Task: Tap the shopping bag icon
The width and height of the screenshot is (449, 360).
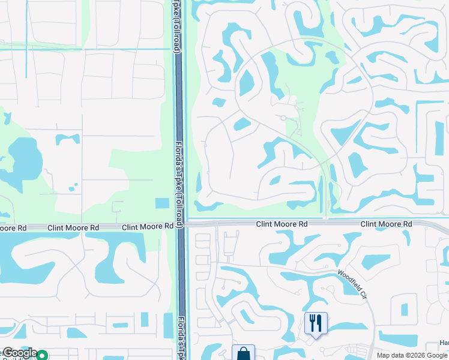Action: [243, 353]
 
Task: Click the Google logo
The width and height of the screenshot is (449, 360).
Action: [19, 353]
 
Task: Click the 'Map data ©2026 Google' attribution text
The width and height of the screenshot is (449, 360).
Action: [412, 355]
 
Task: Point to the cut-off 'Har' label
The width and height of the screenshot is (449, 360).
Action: [444, 343]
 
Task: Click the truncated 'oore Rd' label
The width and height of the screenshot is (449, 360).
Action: [13, 228]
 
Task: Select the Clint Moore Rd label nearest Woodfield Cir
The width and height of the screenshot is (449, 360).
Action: [386, 224]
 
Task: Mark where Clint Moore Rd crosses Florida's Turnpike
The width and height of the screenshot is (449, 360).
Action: [179, 225]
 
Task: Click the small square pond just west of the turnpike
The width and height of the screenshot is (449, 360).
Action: [162, 203]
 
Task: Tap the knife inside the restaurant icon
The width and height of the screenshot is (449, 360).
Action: [319, 323]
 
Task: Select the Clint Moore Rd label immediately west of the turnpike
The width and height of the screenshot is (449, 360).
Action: [148, 228]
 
